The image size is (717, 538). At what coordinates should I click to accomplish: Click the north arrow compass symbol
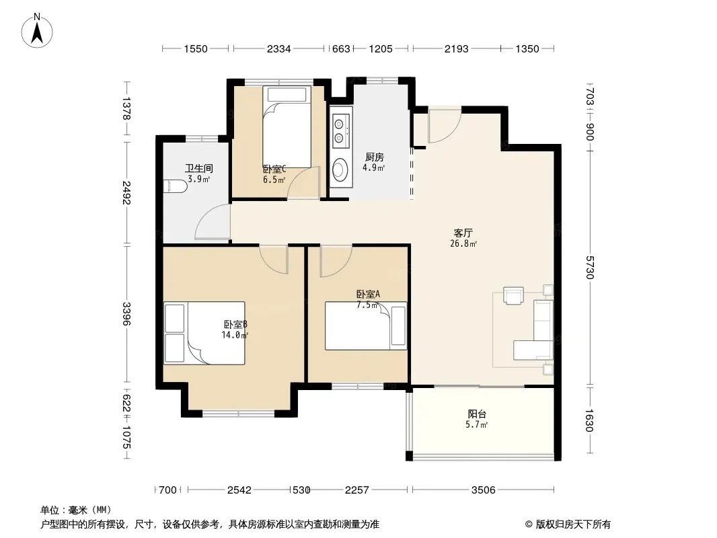point(37,31)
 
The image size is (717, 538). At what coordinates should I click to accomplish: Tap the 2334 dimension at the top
point(278,48)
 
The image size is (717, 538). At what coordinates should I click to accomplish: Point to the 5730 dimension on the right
point(589,268)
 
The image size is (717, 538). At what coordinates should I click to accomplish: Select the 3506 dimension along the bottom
point(484,490)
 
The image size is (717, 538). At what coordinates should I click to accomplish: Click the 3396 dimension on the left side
point(126,314)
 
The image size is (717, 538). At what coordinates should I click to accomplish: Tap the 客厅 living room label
point(463,233)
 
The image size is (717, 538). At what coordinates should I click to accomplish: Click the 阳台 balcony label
point(476,414)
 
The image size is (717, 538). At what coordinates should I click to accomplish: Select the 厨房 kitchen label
point(374,157)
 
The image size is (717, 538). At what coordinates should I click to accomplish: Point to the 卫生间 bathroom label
point(199,169)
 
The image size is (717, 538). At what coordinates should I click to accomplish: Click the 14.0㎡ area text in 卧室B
point(235,335)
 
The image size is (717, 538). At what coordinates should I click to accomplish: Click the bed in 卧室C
point(287,127)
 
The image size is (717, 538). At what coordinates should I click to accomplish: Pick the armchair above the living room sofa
point(513,295)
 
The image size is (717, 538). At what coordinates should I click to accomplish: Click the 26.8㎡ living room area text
point(463,243)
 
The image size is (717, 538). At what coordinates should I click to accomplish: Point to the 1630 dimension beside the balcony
point(589,420)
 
